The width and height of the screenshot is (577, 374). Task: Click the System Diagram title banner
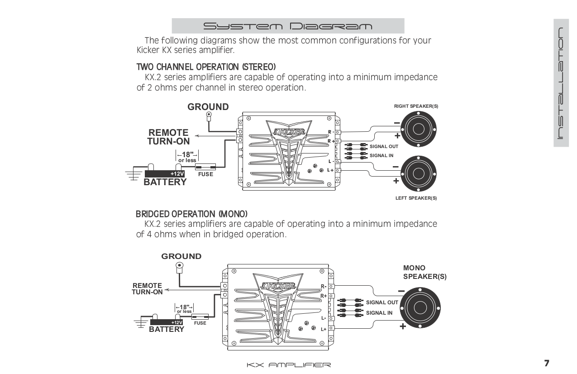coord(288,26)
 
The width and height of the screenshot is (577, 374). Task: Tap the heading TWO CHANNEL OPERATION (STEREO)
coord(206,67)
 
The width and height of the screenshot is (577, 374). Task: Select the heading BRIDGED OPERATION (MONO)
coord(192,213)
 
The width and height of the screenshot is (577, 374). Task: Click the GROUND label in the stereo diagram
coord(208,107)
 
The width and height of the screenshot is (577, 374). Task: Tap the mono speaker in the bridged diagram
coord(421,307)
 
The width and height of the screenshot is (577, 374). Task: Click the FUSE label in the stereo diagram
coord(205,174)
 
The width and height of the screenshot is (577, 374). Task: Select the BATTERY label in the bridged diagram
coord(167,330)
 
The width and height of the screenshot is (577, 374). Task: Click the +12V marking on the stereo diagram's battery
coord(177,174)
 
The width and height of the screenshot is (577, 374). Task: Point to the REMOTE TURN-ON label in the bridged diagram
coord(147,289)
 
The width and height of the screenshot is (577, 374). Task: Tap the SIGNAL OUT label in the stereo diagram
coord(384,147)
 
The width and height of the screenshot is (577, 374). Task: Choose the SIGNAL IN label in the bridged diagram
coord(379,313)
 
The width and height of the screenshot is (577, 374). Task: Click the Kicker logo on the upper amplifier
coord(289,131)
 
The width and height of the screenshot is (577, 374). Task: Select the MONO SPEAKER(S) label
coord(424,273)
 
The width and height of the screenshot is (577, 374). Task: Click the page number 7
coord(546,364)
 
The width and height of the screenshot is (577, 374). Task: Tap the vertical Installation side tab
coord(560,83)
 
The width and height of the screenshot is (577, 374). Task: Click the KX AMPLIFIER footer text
coord(288,365)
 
